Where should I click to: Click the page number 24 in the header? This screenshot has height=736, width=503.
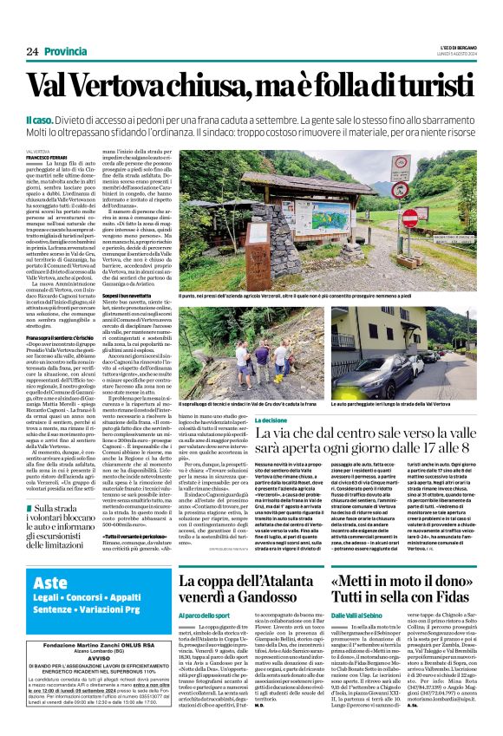(33, 52)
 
